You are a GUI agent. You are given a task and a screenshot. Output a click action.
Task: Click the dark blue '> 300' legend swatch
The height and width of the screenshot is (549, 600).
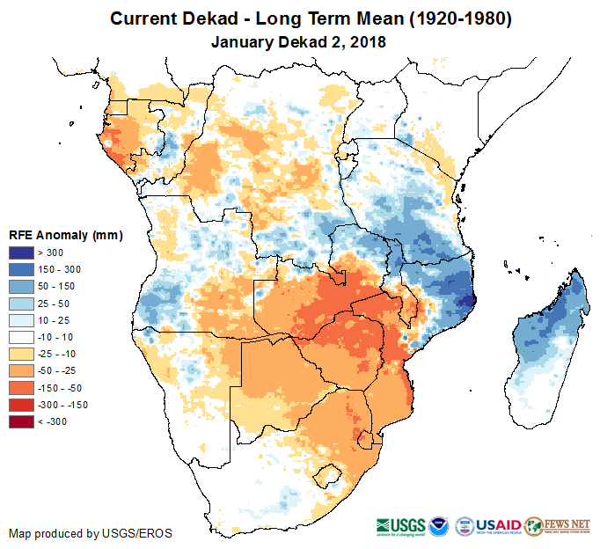[22, 253]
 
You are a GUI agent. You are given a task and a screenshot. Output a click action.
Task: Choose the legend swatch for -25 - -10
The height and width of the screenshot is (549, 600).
[22, 352]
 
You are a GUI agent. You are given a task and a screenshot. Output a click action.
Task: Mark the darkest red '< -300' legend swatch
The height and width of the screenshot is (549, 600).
[22, 422]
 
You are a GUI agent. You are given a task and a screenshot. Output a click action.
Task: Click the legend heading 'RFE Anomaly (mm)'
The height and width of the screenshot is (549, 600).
[65, 236]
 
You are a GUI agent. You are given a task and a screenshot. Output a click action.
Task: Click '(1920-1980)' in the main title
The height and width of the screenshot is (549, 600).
[448, 18]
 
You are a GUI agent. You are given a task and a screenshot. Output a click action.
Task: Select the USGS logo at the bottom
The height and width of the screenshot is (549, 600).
[401, 524]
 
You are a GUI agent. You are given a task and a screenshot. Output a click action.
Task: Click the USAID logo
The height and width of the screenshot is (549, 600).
[500, 524]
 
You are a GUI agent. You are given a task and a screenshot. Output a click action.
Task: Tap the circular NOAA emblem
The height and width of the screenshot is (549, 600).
[438, 524]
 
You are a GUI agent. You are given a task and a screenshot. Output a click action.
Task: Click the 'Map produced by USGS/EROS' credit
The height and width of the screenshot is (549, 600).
[91, 533]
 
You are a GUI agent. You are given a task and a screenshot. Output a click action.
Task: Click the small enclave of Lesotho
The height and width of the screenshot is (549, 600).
[331, 476]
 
